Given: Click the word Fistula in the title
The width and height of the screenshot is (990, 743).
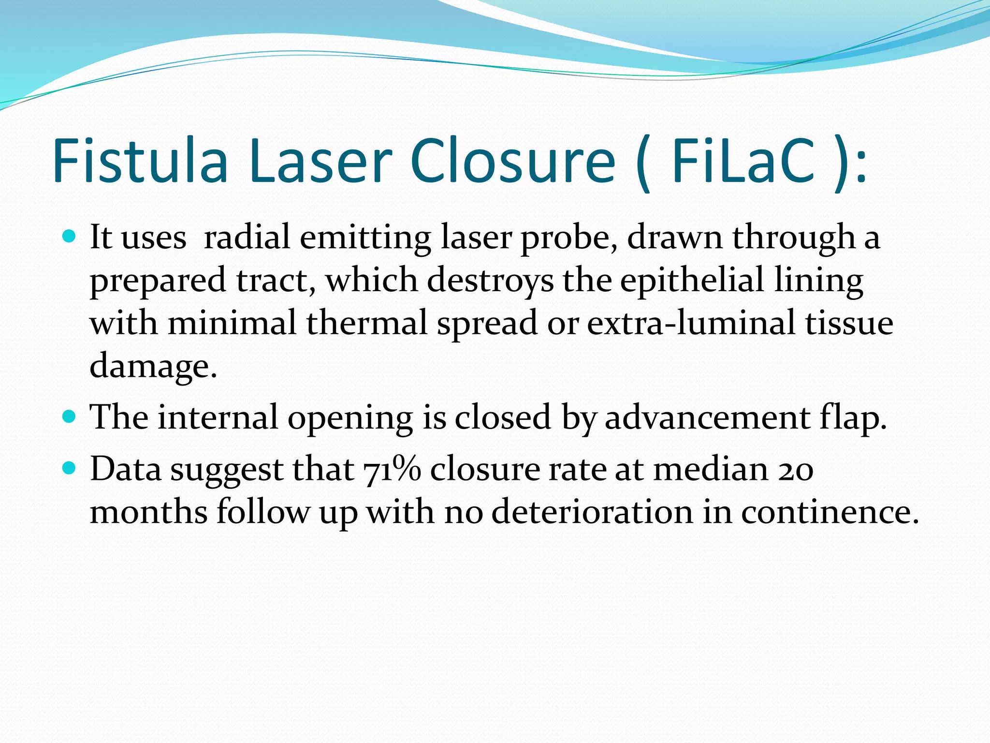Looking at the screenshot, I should click(140, 161).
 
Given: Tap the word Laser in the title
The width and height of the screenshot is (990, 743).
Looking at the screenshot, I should click(320, 161).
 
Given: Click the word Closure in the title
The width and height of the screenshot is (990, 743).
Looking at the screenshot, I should click(512, 161).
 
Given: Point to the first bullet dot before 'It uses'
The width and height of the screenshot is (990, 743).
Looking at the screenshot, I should click(70, 237).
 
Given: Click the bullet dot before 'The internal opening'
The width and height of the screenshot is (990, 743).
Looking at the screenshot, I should click(70, 416).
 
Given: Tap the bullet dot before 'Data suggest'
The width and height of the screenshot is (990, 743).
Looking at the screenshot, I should click(70, 468).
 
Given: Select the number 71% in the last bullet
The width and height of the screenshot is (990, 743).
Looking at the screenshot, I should click(392, 469).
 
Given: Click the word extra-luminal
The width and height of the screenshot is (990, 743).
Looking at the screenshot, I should click(691, 323).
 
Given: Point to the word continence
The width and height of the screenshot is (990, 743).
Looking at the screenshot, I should click(830, 511).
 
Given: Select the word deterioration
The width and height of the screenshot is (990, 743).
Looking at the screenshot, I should click(592, 511).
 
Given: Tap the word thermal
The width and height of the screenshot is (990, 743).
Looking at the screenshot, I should click(367, 323).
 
